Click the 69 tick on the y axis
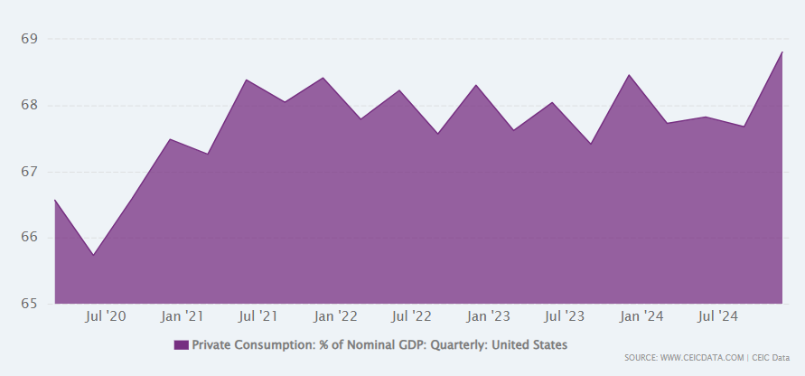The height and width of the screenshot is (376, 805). pyautogui.click(x=29, y=39)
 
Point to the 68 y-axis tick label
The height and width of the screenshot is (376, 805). pyautogui.click(x=29, y=105)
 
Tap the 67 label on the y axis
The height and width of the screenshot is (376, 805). pyautogui.click(x=29, y=172)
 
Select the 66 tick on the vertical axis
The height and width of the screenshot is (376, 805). pyautogui.click(x=29, y=238)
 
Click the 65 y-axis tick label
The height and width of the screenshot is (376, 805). pyautogui.click(x=29, y=304)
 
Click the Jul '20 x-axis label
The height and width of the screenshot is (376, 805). pyautogui.click(x=106, y=316)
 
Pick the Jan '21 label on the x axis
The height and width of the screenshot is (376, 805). pyautogui.click(x=183, y=316)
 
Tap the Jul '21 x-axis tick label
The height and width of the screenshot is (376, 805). pyautogui.click(x=258, y=316)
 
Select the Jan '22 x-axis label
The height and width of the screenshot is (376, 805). pyautogui.click(x=335, y=316)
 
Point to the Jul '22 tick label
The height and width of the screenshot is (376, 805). pyautogui.click(x=412, y=316)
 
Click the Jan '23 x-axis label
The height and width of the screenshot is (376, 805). pyautogui.click(x=489, y=316)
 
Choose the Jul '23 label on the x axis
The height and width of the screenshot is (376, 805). pyautogui.click(x=565, y=316)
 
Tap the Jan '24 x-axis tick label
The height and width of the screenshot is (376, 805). pyautogui.click(x=642, y=316)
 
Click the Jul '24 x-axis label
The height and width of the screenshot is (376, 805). pyautogui.click(x=718, y=316)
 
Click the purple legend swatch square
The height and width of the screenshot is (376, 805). pyautogui.click(x=181, y=344)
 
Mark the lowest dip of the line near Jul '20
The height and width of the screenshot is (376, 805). pyautogui.click(x=93, y=255)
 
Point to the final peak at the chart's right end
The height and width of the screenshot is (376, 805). pyautogui.click(x=782, y=52)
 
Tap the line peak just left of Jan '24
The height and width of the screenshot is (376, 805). pyautogui.click(x=629, y=75)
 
